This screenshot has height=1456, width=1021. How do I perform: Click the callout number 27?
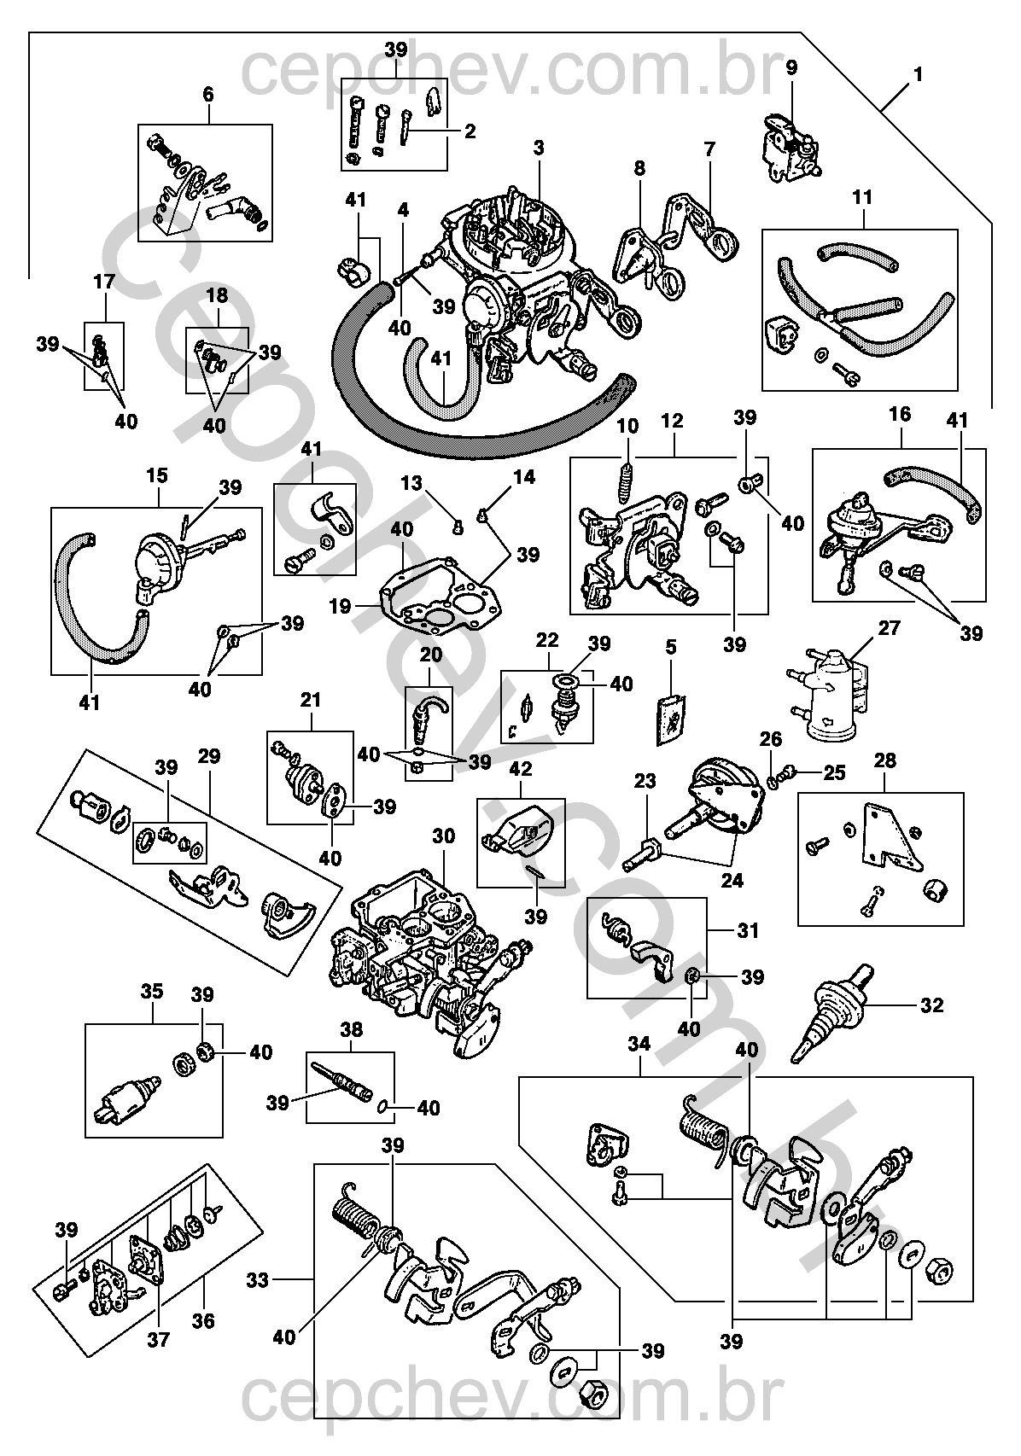click(890, 628)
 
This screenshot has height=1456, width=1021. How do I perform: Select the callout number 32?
click(932, 1005)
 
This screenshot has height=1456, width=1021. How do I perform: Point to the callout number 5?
click(671, 648)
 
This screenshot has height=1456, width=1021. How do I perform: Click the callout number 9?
click(791, 67)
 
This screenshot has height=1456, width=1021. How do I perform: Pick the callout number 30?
click(444, 836)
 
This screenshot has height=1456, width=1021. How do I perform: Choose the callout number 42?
click(520, 769)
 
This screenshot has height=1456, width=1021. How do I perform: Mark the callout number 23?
click(645, 781)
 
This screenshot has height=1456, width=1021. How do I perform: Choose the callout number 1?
click(918, 74)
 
